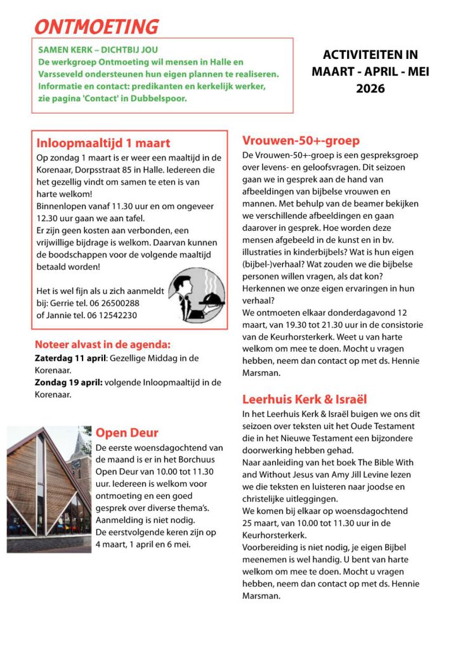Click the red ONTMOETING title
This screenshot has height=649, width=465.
(96, 27)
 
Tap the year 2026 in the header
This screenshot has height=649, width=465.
(370, 89)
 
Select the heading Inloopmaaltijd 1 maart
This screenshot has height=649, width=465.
(103, 143)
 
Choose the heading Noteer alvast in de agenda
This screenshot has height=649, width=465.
(102, 345)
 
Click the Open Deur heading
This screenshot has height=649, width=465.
(127, 433)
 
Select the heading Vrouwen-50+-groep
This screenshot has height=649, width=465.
(301, 141)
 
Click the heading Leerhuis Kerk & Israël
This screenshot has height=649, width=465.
(305, 399)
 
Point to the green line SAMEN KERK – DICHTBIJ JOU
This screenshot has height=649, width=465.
(98, 49)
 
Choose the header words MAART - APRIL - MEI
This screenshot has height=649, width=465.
(370, 72)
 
